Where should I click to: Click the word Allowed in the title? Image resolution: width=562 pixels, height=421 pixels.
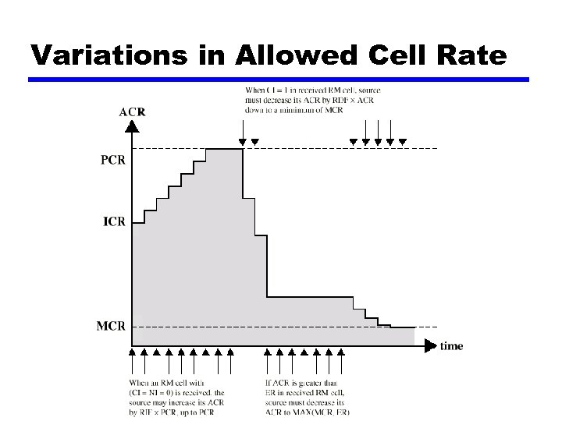274,55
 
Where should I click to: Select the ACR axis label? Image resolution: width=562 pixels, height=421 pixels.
131,111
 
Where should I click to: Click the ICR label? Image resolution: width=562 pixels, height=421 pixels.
114,221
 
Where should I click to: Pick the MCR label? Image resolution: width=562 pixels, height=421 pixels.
110,326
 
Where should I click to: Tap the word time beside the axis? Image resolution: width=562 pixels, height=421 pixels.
451,345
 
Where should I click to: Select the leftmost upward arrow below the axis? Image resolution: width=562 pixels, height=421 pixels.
131,360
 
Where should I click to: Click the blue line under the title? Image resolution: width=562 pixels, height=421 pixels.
279,80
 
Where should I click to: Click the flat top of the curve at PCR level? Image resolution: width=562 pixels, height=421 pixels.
225,149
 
